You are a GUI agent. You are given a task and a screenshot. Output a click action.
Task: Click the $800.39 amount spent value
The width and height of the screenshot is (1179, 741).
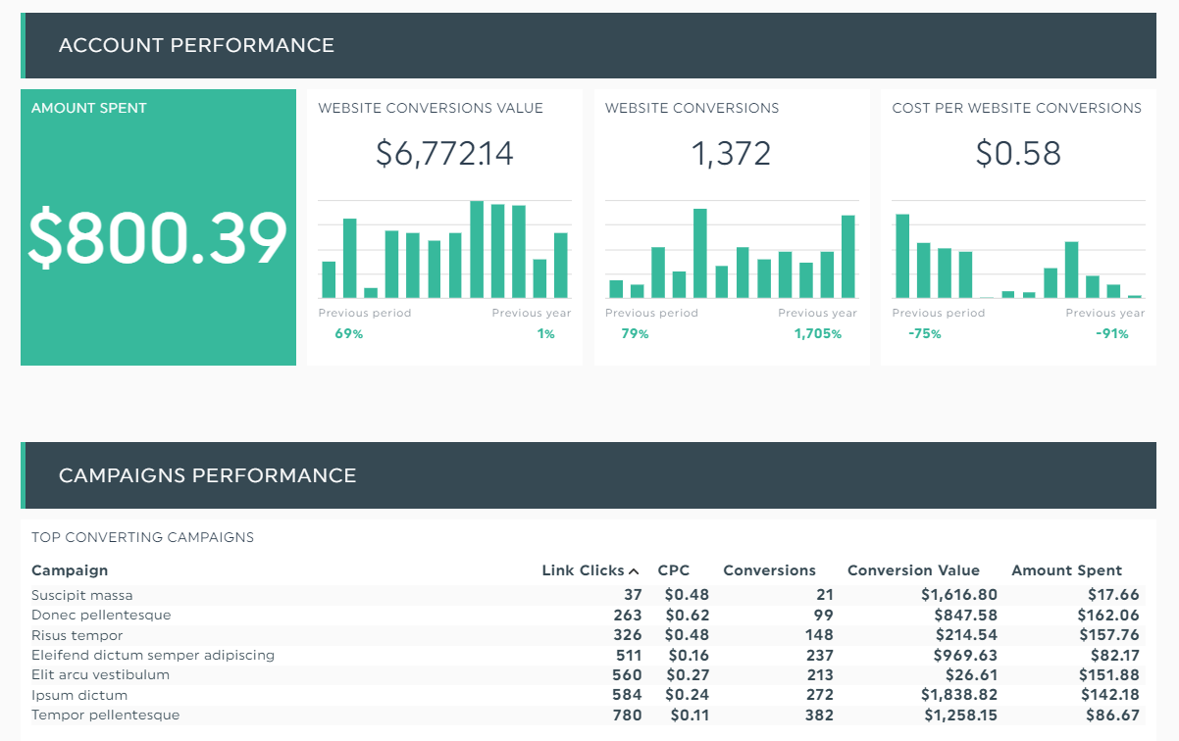[x=158, y=240]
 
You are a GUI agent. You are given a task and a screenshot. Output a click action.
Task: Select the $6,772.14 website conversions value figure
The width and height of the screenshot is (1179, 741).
[x=444, y=154]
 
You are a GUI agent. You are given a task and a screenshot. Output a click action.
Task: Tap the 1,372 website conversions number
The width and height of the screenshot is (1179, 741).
[x=731, y=154]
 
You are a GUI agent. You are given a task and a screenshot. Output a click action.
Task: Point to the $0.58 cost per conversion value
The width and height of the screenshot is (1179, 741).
[x=1018, y=154]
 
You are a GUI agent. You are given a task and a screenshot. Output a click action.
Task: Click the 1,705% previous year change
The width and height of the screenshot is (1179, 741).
[x=817, y=334]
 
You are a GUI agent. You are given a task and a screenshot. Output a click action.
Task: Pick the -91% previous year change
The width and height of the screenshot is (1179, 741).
[x=1111, y=334]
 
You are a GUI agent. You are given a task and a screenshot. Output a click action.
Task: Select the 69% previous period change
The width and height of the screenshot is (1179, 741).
[x=349, y=334]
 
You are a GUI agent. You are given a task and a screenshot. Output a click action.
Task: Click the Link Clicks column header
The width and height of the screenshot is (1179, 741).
[x=583, y=570]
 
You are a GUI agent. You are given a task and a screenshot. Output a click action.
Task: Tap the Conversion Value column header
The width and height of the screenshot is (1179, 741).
[x=913, y=570]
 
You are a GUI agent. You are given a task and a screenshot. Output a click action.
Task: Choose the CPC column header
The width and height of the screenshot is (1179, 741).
[x=674, y=570]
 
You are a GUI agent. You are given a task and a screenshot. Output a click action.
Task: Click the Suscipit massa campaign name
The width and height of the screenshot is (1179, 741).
[x=81, y=595]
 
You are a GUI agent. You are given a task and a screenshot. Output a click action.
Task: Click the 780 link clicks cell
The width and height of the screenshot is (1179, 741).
[x=626, y=716]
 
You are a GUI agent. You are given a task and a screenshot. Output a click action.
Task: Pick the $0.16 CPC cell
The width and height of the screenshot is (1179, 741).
[x=687, y=655]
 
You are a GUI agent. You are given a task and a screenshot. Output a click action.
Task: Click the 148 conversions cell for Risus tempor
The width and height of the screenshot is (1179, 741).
[x=818, y=635]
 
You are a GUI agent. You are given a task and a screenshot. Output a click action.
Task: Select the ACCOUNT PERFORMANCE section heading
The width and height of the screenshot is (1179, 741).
[x=196, y=45]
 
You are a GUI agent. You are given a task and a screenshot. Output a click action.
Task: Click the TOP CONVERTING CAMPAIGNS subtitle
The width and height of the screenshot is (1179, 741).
[x=142, y=537]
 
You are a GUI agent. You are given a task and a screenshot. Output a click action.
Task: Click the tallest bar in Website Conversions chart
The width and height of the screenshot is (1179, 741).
[x=700, y=253]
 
